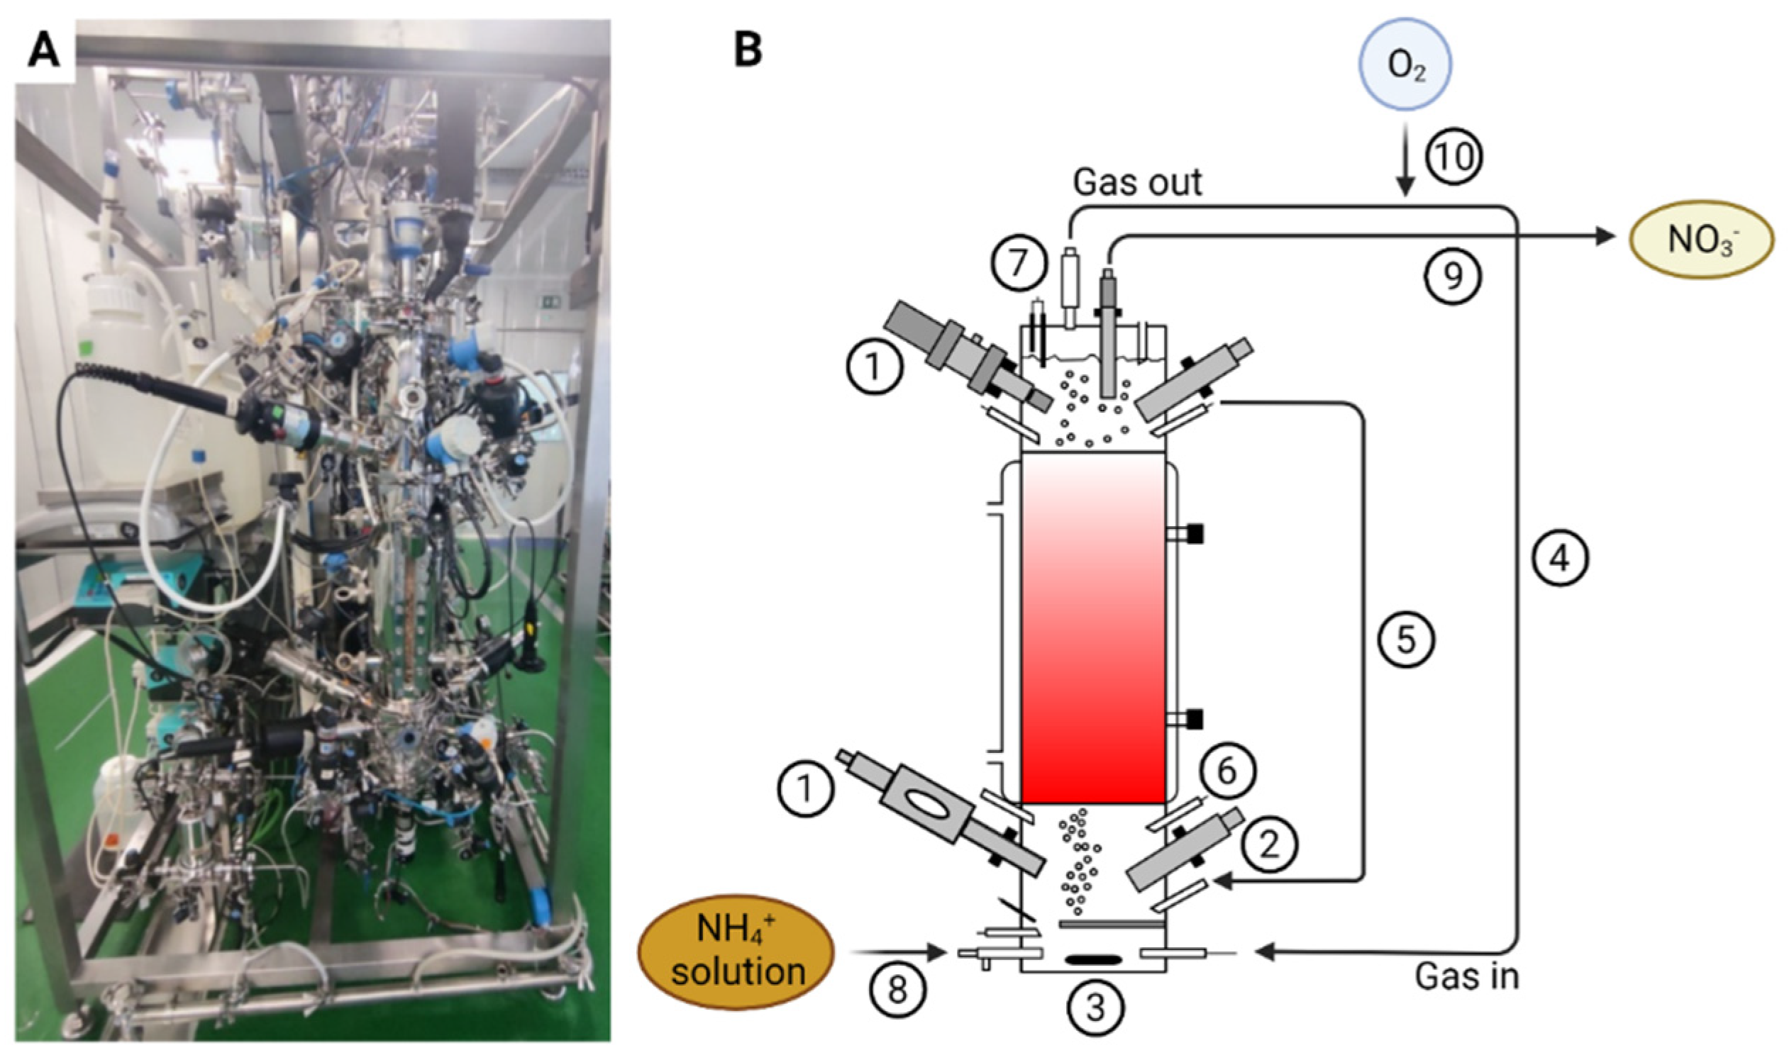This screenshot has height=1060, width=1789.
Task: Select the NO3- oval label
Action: (x=1701, y=239)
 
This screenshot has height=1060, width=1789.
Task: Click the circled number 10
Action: (x=1455, y=157)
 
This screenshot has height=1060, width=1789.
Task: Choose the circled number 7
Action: (x=1018, y=262)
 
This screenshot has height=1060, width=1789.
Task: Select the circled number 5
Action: (x=1405, y=640)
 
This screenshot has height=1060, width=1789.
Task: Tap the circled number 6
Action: (x=1226, y=771)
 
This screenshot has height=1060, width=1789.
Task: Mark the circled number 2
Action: (x=1268, y=845)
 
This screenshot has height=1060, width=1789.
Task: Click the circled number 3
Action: (x=1095, y=1008)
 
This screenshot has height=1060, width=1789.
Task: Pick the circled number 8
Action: (x=897, y=990)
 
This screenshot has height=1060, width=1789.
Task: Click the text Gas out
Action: (x=1137, y=183)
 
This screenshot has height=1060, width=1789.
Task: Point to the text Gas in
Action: (x=1467, y=977)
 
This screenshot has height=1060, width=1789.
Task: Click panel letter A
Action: (x=43, y=52)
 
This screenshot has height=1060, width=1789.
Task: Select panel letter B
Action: (x=748, y=52)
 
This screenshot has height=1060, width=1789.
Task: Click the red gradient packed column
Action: (x=1093, y=629)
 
